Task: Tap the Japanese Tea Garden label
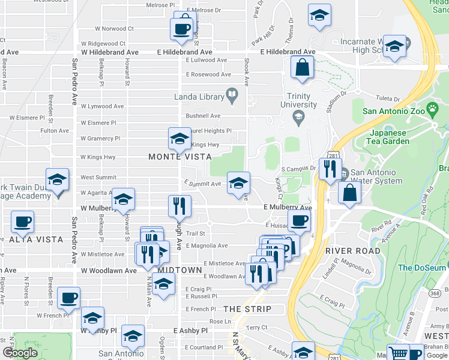tap(390, 137)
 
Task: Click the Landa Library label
tap(199, 96)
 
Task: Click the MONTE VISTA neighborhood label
tap(180, 157)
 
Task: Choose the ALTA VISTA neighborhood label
tap(36, 239)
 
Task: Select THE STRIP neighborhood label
tap(247, 309)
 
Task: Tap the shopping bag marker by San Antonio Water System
tap(349, 193)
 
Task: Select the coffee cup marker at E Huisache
tap(299, 220)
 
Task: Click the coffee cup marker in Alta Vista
tap(22, 221)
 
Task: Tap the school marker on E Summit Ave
tap(238, 183)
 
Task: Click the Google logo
tap(20, 353)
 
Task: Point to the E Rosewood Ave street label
tap(206, 74)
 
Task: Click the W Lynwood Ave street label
tap(102, 106)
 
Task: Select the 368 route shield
tap(435, 292)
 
